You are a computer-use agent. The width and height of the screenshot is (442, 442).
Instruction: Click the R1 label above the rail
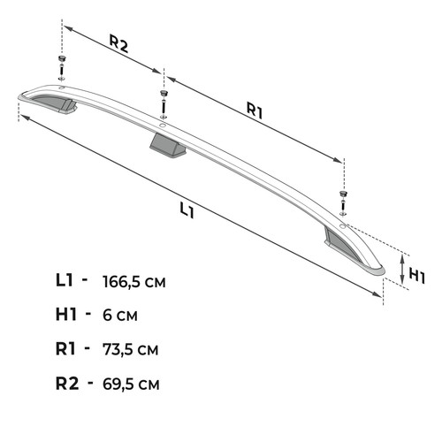255,112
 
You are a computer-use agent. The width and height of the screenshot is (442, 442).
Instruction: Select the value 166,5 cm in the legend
134,282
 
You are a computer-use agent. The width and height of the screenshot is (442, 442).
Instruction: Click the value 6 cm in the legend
120,315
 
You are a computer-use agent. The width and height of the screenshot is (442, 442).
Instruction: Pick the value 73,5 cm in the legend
131,349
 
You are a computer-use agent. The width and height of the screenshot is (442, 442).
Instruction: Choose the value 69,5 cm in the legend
131,384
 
